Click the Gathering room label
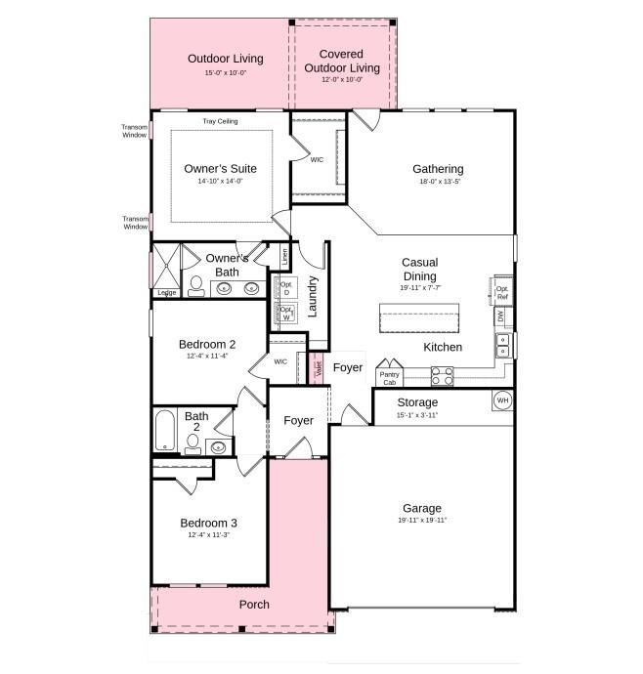point(437,169)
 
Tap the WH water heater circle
point(502,400)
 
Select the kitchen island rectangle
point(419,318)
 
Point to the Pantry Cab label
point(389,377)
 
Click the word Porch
point(254,605)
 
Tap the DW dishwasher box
point(501,316)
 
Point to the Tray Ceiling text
point(220,121)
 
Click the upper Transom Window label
point(134,131)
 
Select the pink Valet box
point(318,369)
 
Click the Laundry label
point(313,296)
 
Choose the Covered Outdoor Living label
point(341,61)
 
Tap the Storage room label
point(417,402)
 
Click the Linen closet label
point(284,256)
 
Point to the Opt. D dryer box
point(286,287)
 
